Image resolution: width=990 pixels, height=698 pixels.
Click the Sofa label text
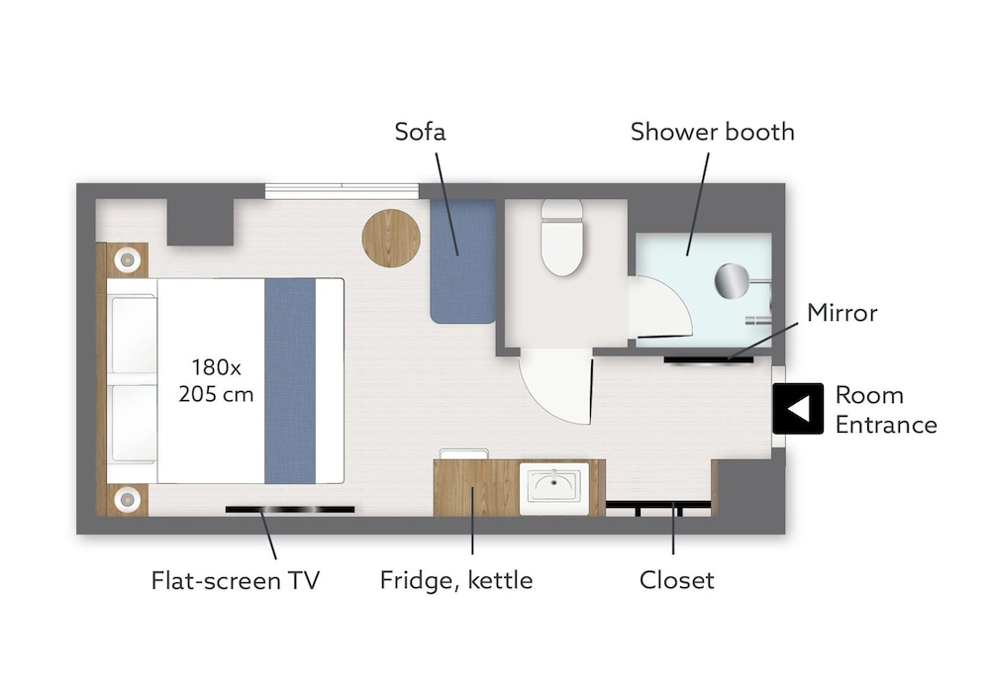coord(420,132)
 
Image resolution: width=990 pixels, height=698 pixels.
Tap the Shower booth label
coord(712,132)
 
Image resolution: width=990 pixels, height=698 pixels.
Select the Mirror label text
coord(842,313)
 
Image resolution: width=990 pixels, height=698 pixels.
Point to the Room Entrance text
coord(886,409)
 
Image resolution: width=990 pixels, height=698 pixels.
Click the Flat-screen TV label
coord(236,580)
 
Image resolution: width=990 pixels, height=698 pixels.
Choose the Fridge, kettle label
coord(456,580)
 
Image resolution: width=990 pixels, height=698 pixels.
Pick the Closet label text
coord(677,580)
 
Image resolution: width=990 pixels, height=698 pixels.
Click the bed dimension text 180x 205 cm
coord(216,380)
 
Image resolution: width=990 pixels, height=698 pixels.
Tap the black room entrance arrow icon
coord(798,408)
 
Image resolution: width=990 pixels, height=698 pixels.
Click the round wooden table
coord(391,238)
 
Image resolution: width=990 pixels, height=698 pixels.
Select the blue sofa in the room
coord(462,261)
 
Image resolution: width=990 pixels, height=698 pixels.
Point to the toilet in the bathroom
coord(562,238)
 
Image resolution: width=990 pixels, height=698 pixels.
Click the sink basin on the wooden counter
coord(554,488)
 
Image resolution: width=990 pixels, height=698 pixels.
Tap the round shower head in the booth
coord(732,280)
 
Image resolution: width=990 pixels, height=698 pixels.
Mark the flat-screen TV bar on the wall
coord(290,509)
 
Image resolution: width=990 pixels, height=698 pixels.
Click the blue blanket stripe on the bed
coord(290,381)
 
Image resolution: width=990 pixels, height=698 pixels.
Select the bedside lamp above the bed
coord(128,259)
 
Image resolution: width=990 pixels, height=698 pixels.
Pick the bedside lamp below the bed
coord(128,500)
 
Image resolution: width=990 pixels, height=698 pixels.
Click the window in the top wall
coord(342,191)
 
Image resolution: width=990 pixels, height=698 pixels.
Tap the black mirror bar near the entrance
coord(709,360)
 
